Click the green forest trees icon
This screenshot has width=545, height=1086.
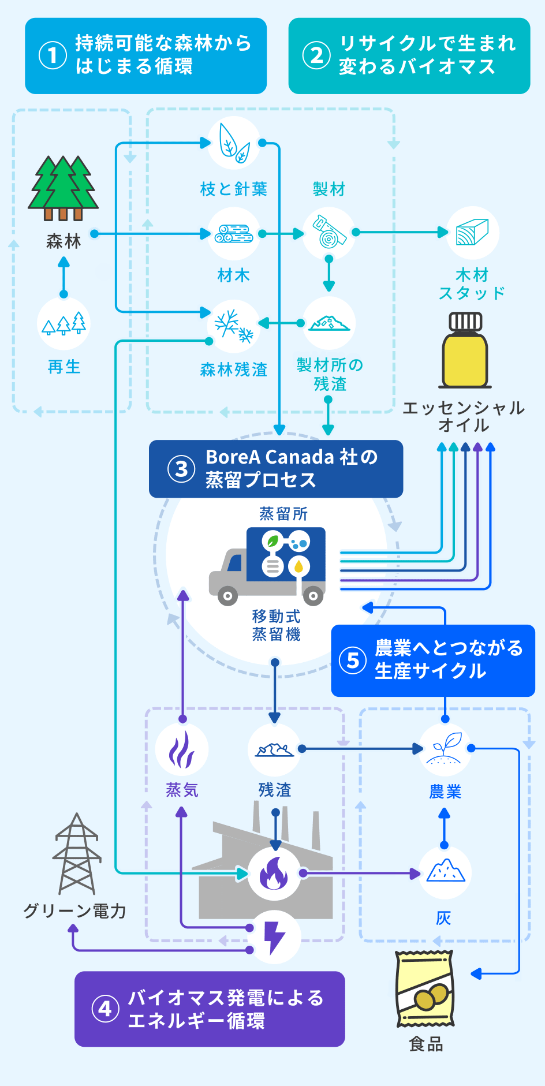pos(64,187)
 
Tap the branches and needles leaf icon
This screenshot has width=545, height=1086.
pos(234,143)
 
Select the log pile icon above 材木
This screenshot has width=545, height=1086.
pos(234,234)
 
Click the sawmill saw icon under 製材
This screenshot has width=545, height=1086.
pos(329,232)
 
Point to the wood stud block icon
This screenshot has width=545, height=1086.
pos(473,232)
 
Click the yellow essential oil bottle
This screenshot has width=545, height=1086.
pos(465,351)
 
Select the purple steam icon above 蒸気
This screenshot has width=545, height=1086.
pos(181,749)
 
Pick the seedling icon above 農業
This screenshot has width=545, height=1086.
pos(445,749)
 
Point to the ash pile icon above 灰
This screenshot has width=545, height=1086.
pos(445,872)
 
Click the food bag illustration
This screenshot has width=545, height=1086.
pos(425,989)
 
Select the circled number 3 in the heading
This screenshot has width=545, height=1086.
pos(181,469)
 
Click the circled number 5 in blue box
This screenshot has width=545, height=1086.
pos(353,660)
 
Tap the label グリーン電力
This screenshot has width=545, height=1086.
pos(74,911)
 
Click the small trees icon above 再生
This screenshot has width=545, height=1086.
pos(64,324)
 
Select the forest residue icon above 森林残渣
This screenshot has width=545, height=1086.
pos(234,325)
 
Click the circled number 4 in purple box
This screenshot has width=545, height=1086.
pos(105,1009)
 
